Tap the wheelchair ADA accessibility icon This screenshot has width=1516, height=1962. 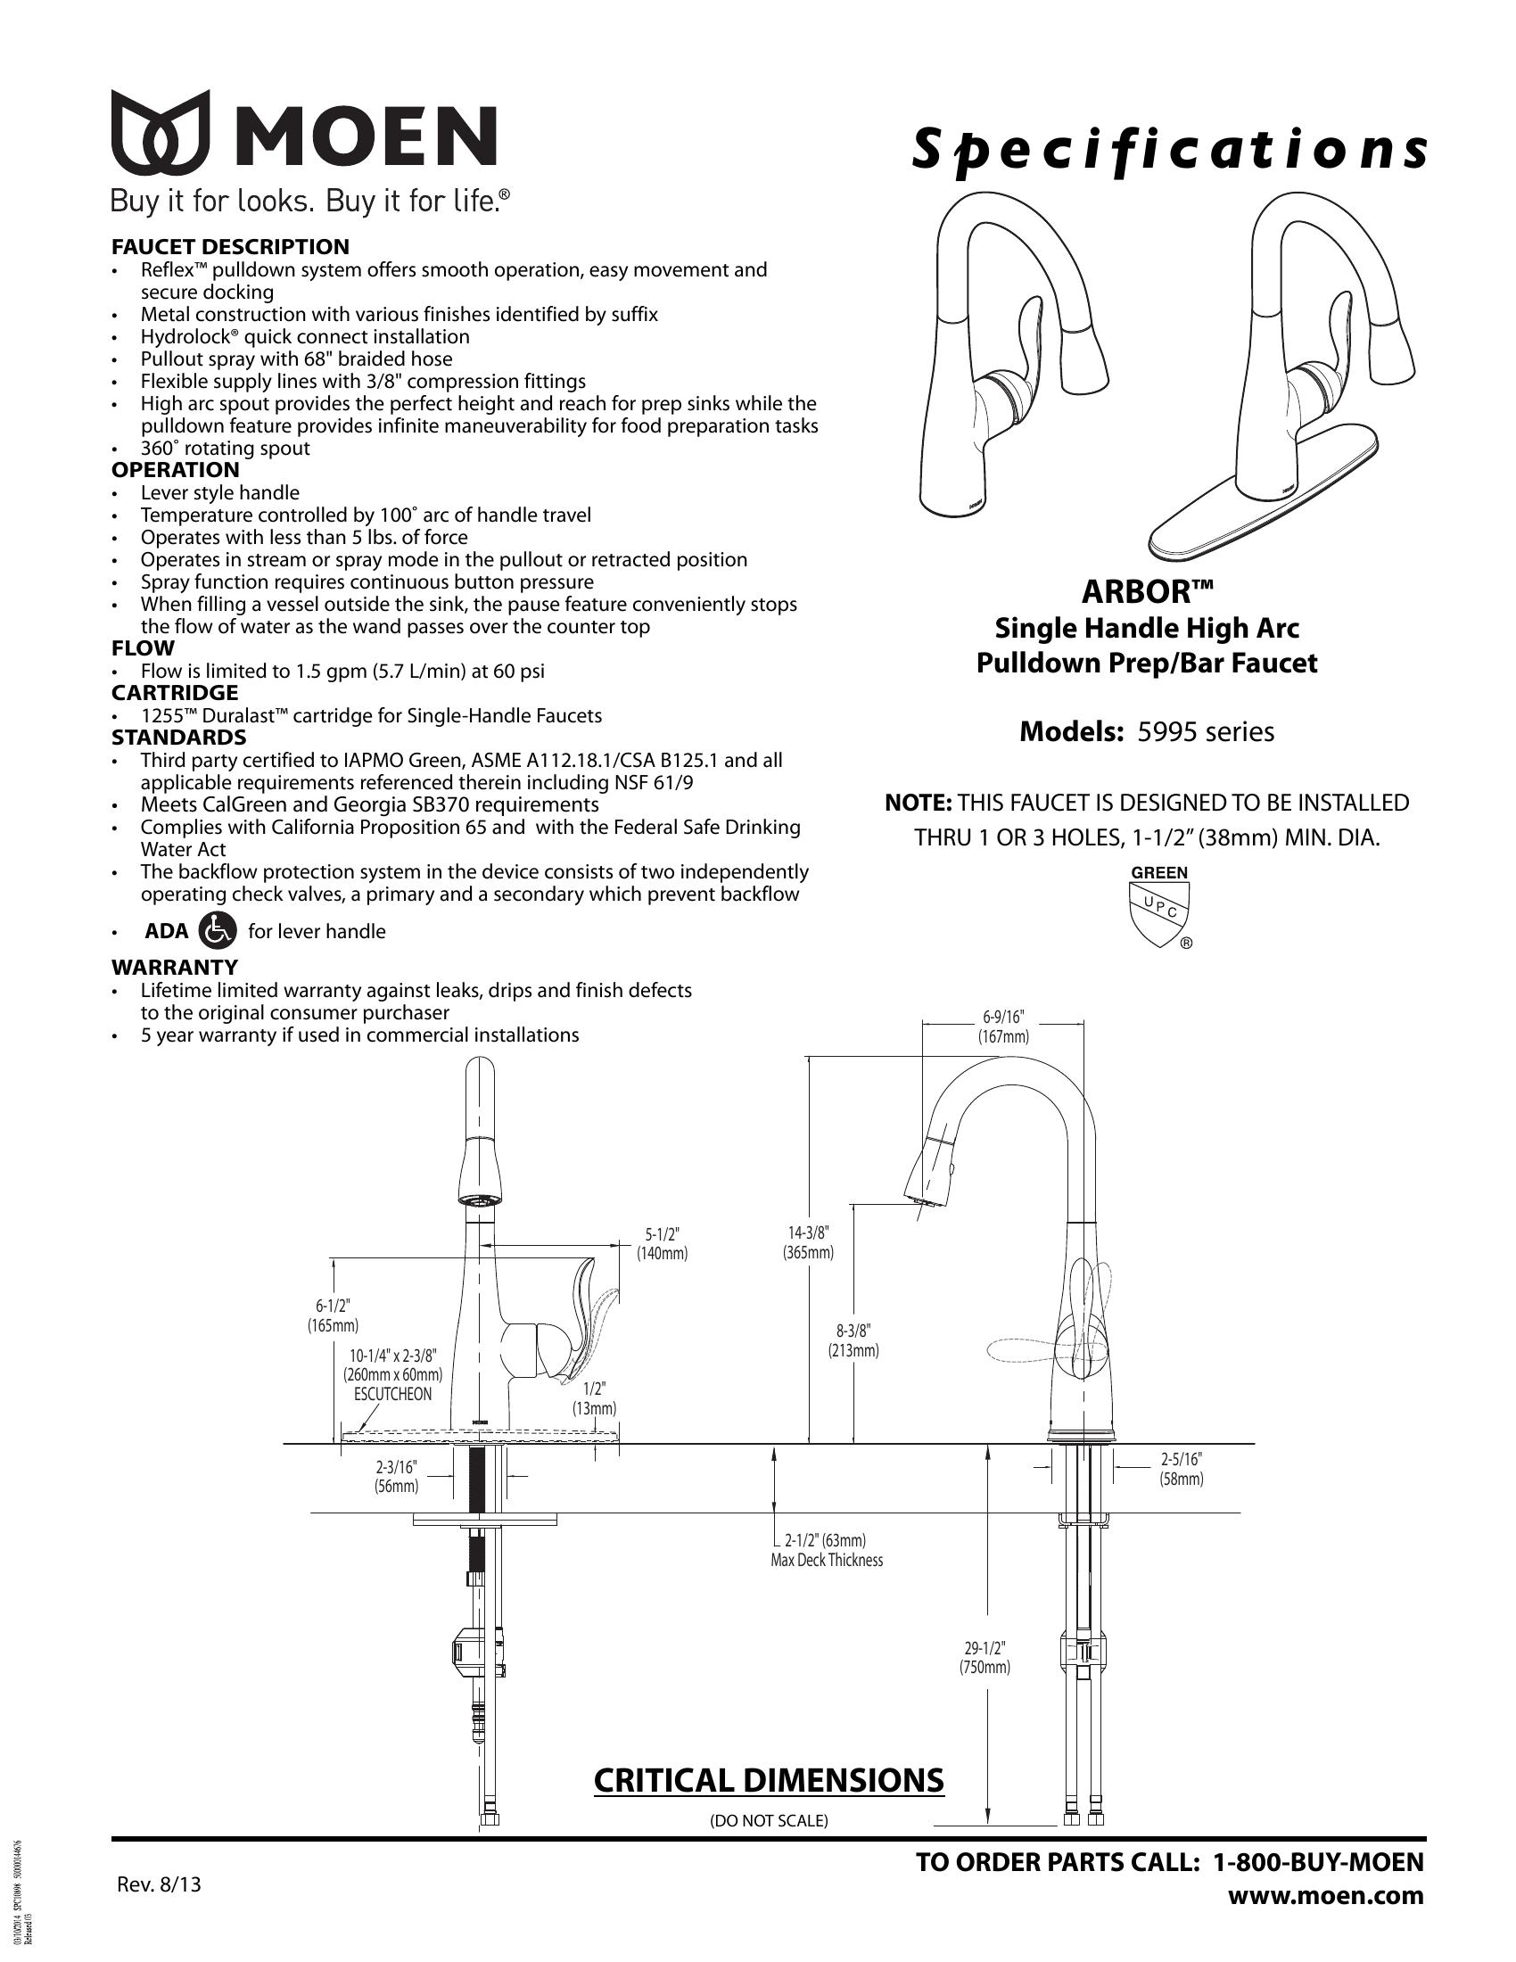click(x=217, y=931)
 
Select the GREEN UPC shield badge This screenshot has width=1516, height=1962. click(x=1158, y=906)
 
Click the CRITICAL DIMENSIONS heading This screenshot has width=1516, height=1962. click(x=769, y=1780)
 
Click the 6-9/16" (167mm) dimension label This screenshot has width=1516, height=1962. click(x=1003, y=1026)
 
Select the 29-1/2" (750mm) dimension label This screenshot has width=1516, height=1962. click(x=985, y=1658)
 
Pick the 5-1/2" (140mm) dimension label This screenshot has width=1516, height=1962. click(x=662, y=1243)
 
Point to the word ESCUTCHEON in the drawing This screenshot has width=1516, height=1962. click(x=392, y=1394)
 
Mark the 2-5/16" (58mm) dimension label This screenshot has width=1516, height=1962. click(x=1181, y=1469)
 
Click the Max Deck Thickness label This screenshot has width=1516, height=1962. click(x=827, y=1561)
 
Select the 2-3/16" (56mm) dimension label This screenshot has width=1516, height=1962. click(x=396, y=1476)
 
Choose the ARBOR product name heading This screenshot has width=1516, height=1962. click(x=1147, y=592)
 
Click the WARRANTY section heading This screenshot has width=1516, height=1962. click(x=174, y=968)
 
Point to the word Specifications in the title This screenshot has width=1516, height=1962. click(x=1168, y=149)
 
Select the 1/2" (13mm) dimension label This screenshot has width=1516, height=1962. click(x=595, y=1398)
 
